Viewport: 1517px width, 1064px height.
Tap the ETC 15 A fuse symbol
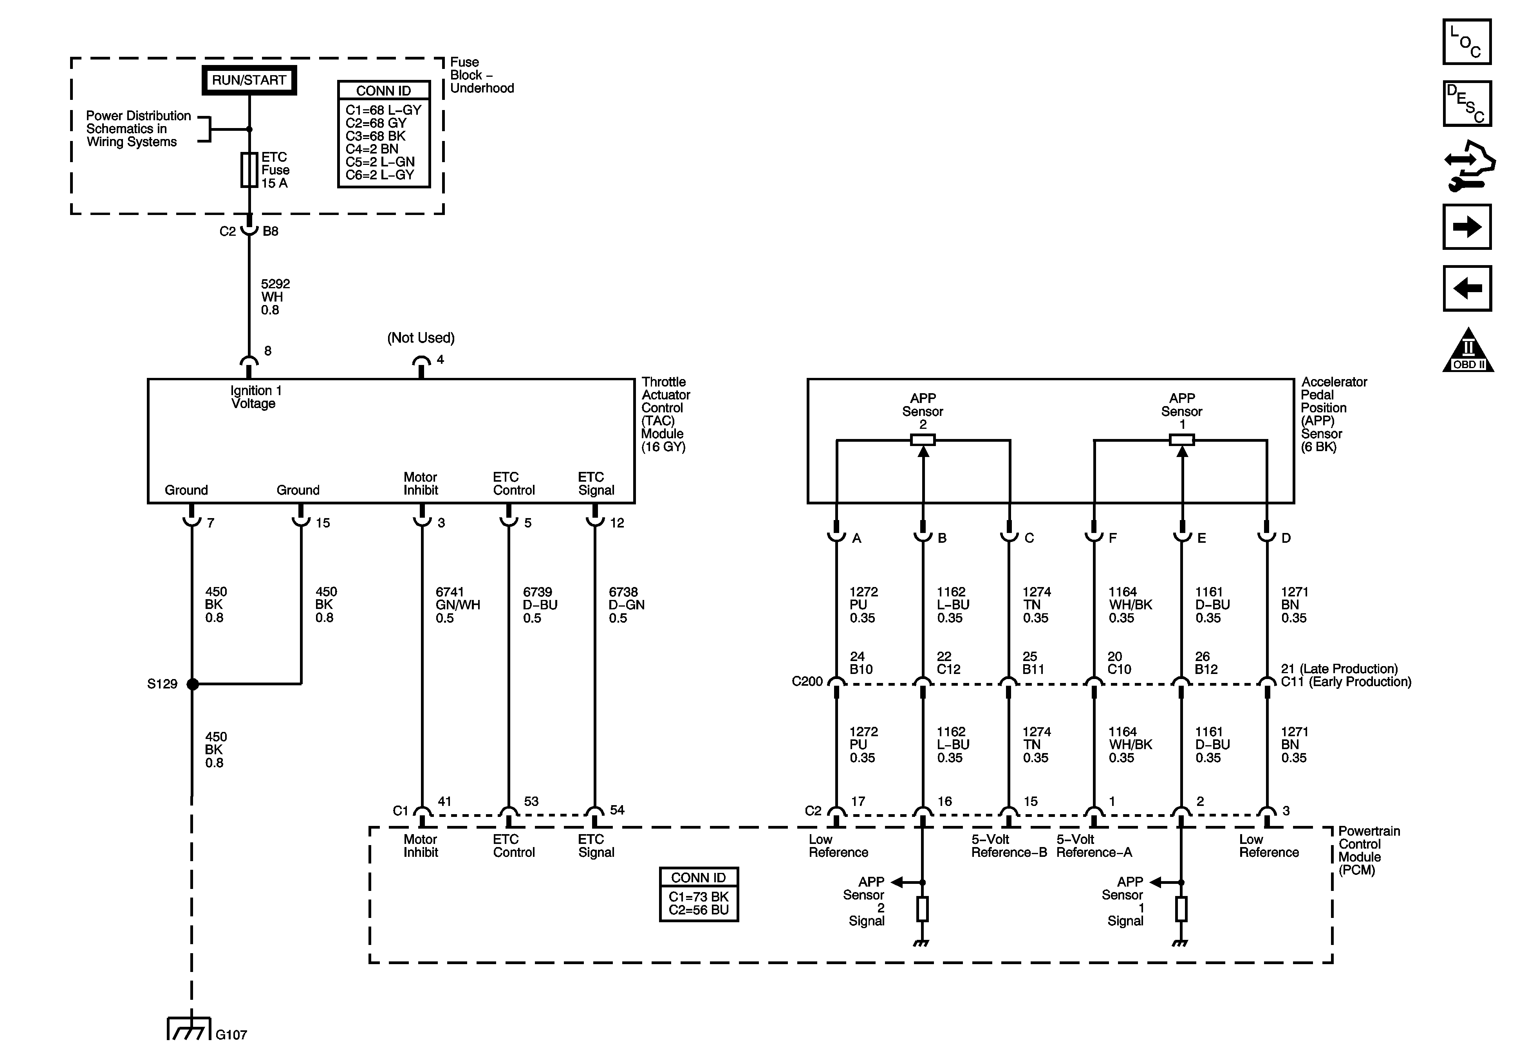(249, 170)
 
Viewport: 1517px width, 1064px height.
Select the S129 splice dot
(192, 684)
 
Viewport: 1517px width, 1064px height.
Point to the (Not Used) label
(421, 338)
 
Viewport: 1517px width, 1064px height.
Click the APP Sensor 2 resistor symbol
(923, 439)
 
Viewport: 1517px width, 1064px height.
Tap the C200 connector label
(807, 681)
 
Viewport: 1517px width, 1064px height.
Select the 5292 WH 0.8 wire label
(275, 297)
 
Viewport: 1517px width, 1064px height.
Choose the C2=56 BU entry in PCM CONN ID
(698, 910)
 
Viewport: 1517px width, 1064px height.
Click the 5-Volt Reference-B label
(1008, 846)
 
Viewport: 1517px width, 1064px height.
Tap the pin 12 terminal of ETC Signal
(595, 519)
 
